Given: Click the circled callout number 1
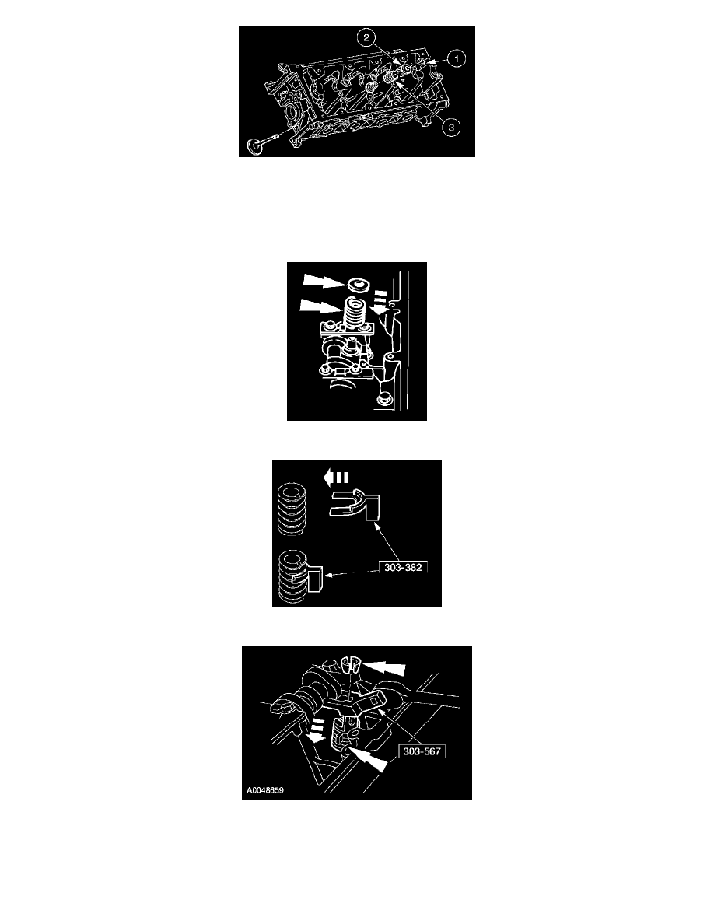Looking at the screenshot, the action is pyautogui.click(x=456, y=58).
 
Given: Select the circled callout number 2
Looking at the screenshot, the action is pyautogui.click(x=366, y=38).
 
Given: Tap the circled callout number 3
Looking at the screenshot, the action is pyautogui.click(x=451, y=127).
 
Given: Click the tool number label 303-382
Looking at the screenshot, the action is pyautogui.click(x=403, y=568).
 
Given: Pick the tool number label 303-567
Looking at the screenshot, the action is pyautogui.click(x=422, y=751).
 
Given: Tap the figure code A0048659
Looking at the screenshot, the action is pyautogui.click(x=265, y=790).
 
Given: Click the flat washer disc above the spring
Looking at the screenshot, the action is pyautogui.click(x=358, y=285).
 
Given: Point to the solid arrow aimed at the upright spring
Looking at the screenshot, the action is pyautogui.click(x=321, y=306).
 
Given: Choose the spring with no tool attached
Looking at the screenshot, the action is pyautogui.click(x=290, y=509).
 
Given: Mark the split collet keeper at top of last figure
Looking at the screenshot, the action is pyautogui.click(x=350, y=665).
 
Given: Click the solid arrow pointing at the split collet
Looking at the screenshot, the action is pyautogui.click(x=383, y=667).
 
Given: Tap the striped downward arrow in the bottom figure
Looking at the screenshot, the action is pyautogui.click(x=314, y=730).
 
